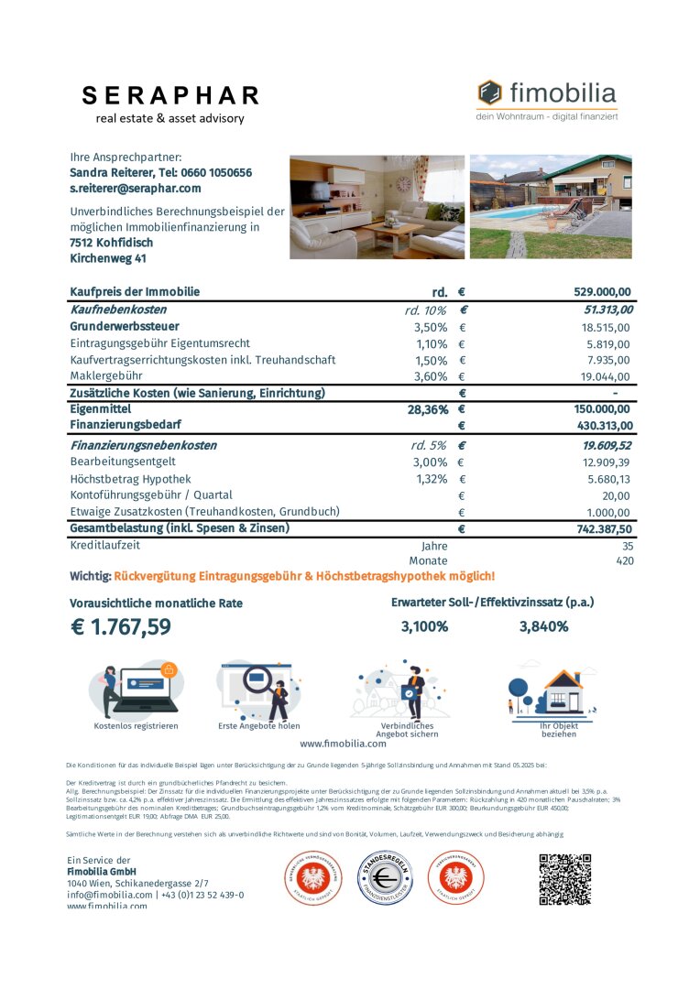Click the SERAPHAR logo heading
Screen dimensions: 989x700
click(170, 96)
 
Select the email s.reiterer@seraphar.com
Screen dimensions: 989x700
click(136, 189)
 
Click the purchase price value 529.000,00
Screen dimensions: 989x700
click(602, 292)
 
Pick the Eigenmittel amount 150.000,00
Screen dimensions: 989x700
click(595, 409)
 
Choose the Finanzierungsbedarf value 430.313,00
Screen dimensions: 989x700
click(595, 426)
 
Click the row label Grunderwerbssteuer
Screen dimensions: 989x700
click(125, 327)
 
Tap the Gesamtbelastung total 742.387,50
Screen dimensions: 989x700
click(595, 529)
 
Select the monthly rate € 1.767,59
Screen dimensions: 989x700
click(120, 627)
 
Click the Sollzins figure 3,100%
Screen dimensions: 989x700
click(424, 627)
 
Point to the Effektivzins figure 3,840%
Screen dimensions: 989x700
click(543, 627)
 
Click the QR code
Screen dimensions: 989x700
click(564, 879)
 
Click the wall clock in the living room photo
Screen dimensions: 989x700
click(403, 184)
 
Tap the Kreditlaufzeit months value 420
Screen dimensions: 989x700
click(625, 560)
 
